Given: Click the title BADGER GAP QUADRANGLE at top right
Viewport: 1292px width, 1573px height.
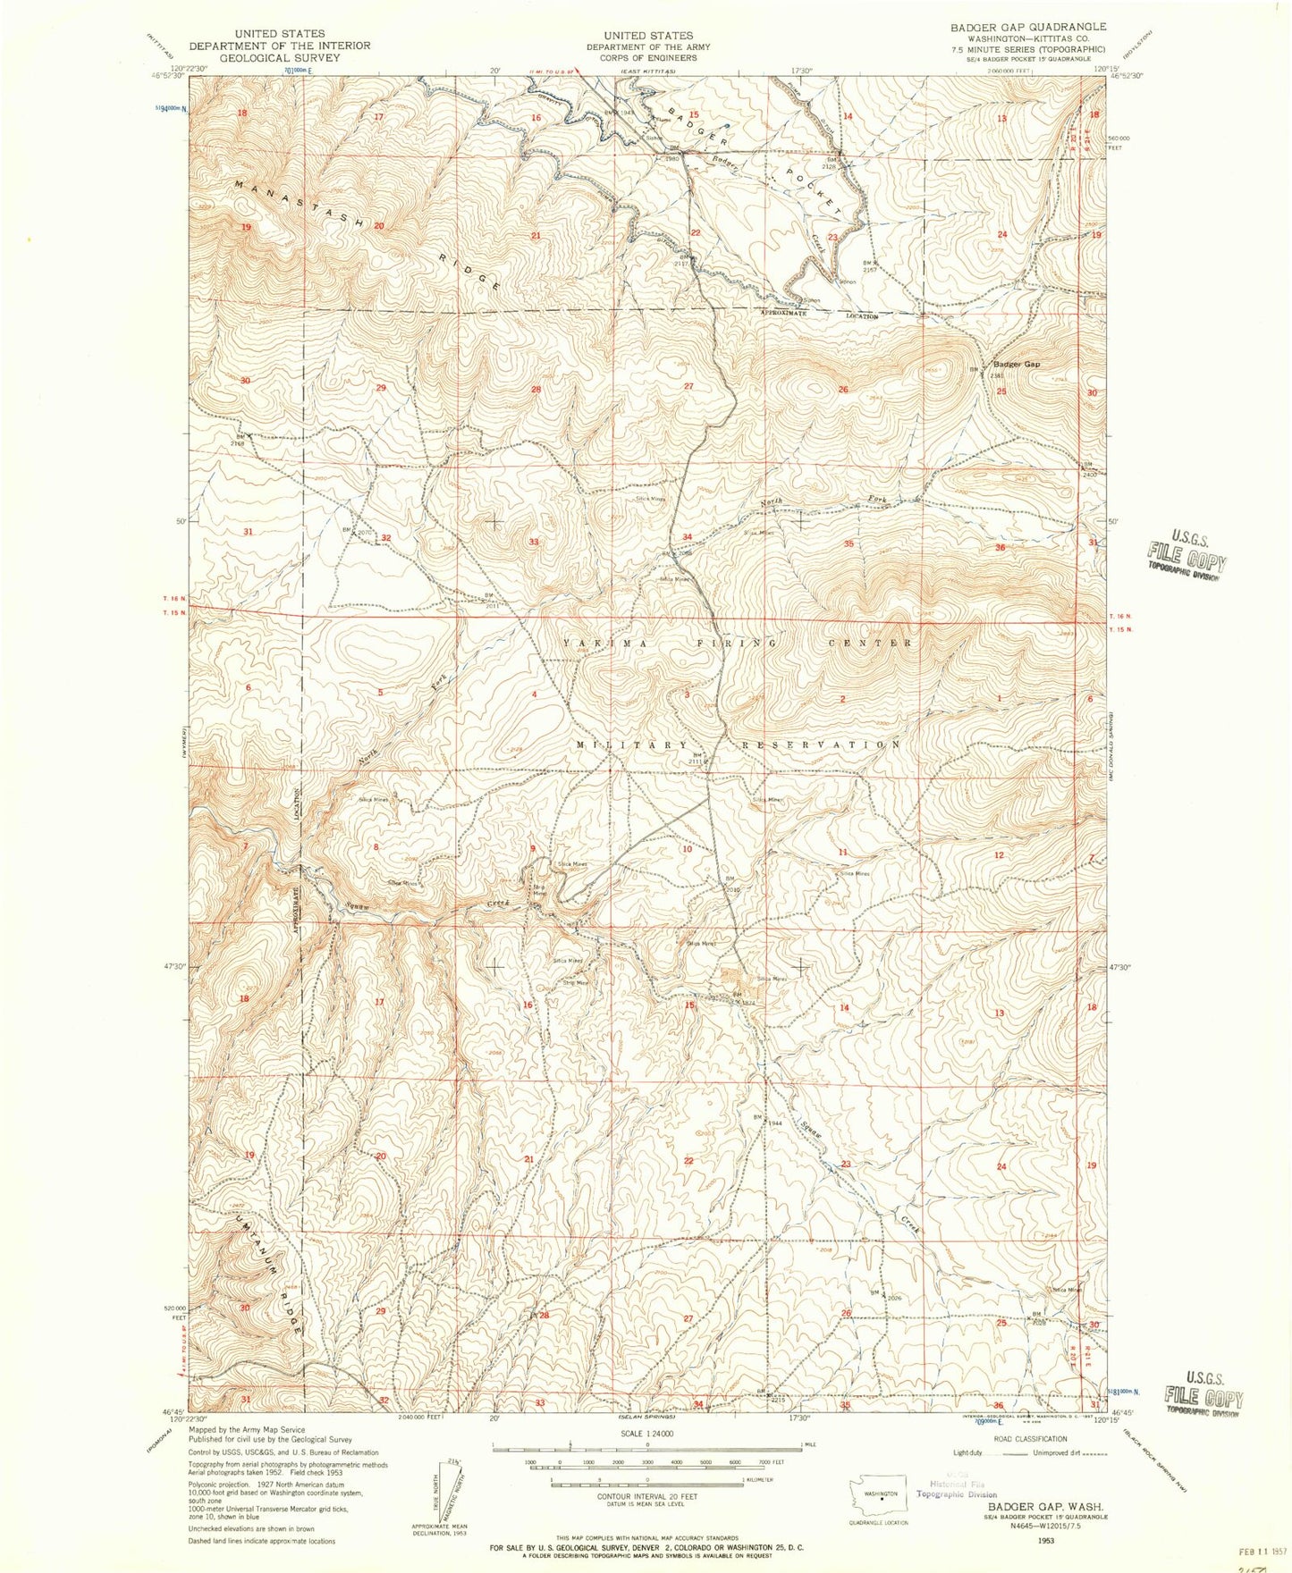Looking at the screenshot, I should click(1016, 27).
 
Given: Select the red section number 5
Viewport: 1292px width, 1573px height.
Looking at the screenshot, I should click(381, 693).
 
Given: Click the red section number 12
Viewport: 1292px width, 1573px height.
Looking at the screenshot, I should click(999, 855).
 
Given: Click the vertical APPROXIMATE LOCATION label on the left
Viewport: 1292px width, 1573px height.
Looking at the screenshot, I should click(296, 860).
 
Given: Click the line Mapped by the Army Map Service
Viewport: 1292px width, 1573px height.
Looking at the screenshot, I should click(247, 1430).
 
